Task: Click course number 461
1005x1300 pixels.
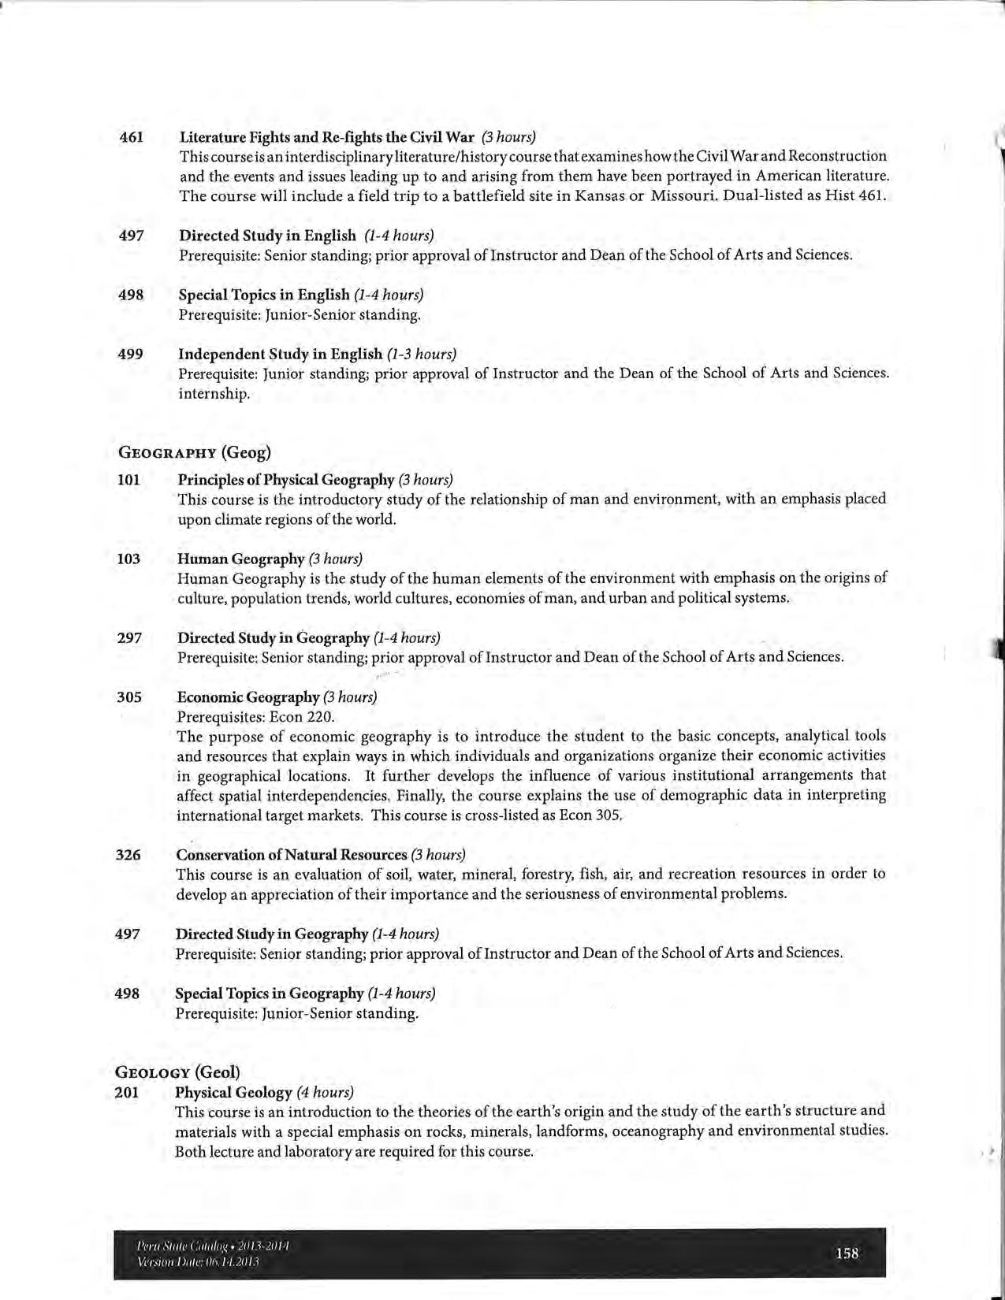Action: [131, 137]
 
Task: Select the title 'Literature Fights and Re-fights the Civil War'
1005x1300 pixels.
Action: [327, 137]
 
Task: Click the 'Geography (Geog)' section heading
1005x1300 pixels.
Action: [194, 452]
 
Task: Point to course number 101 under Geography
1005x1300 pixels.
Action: [128, 480]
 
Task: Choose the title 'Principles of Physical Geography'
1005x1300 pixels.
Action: [285, 480]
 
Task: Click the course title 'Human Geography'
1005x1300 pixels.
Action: [240, 559]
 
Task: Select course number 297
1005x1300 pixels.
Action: [129, 637]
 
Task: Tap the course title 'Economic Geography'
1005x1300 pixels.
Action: [248, 697]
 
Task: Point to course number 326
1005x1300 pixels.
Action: [128, 855]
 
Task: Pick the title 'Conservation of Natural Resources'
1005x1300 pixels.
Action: [291, 855]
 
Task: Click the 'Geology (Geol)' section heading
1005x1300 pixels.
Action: [177, 1072]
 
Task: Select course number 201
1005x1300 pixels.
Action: [127, 1093]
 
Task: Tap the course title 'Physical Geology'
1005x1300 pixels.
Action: [233, 1093]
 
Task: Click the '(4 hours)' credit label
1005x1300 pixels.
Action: [325, 1093]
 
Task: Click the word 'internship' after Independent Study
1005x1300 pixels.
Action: [214, 393]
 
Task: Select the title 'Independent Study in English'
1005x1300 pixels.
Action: [280, 355]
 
